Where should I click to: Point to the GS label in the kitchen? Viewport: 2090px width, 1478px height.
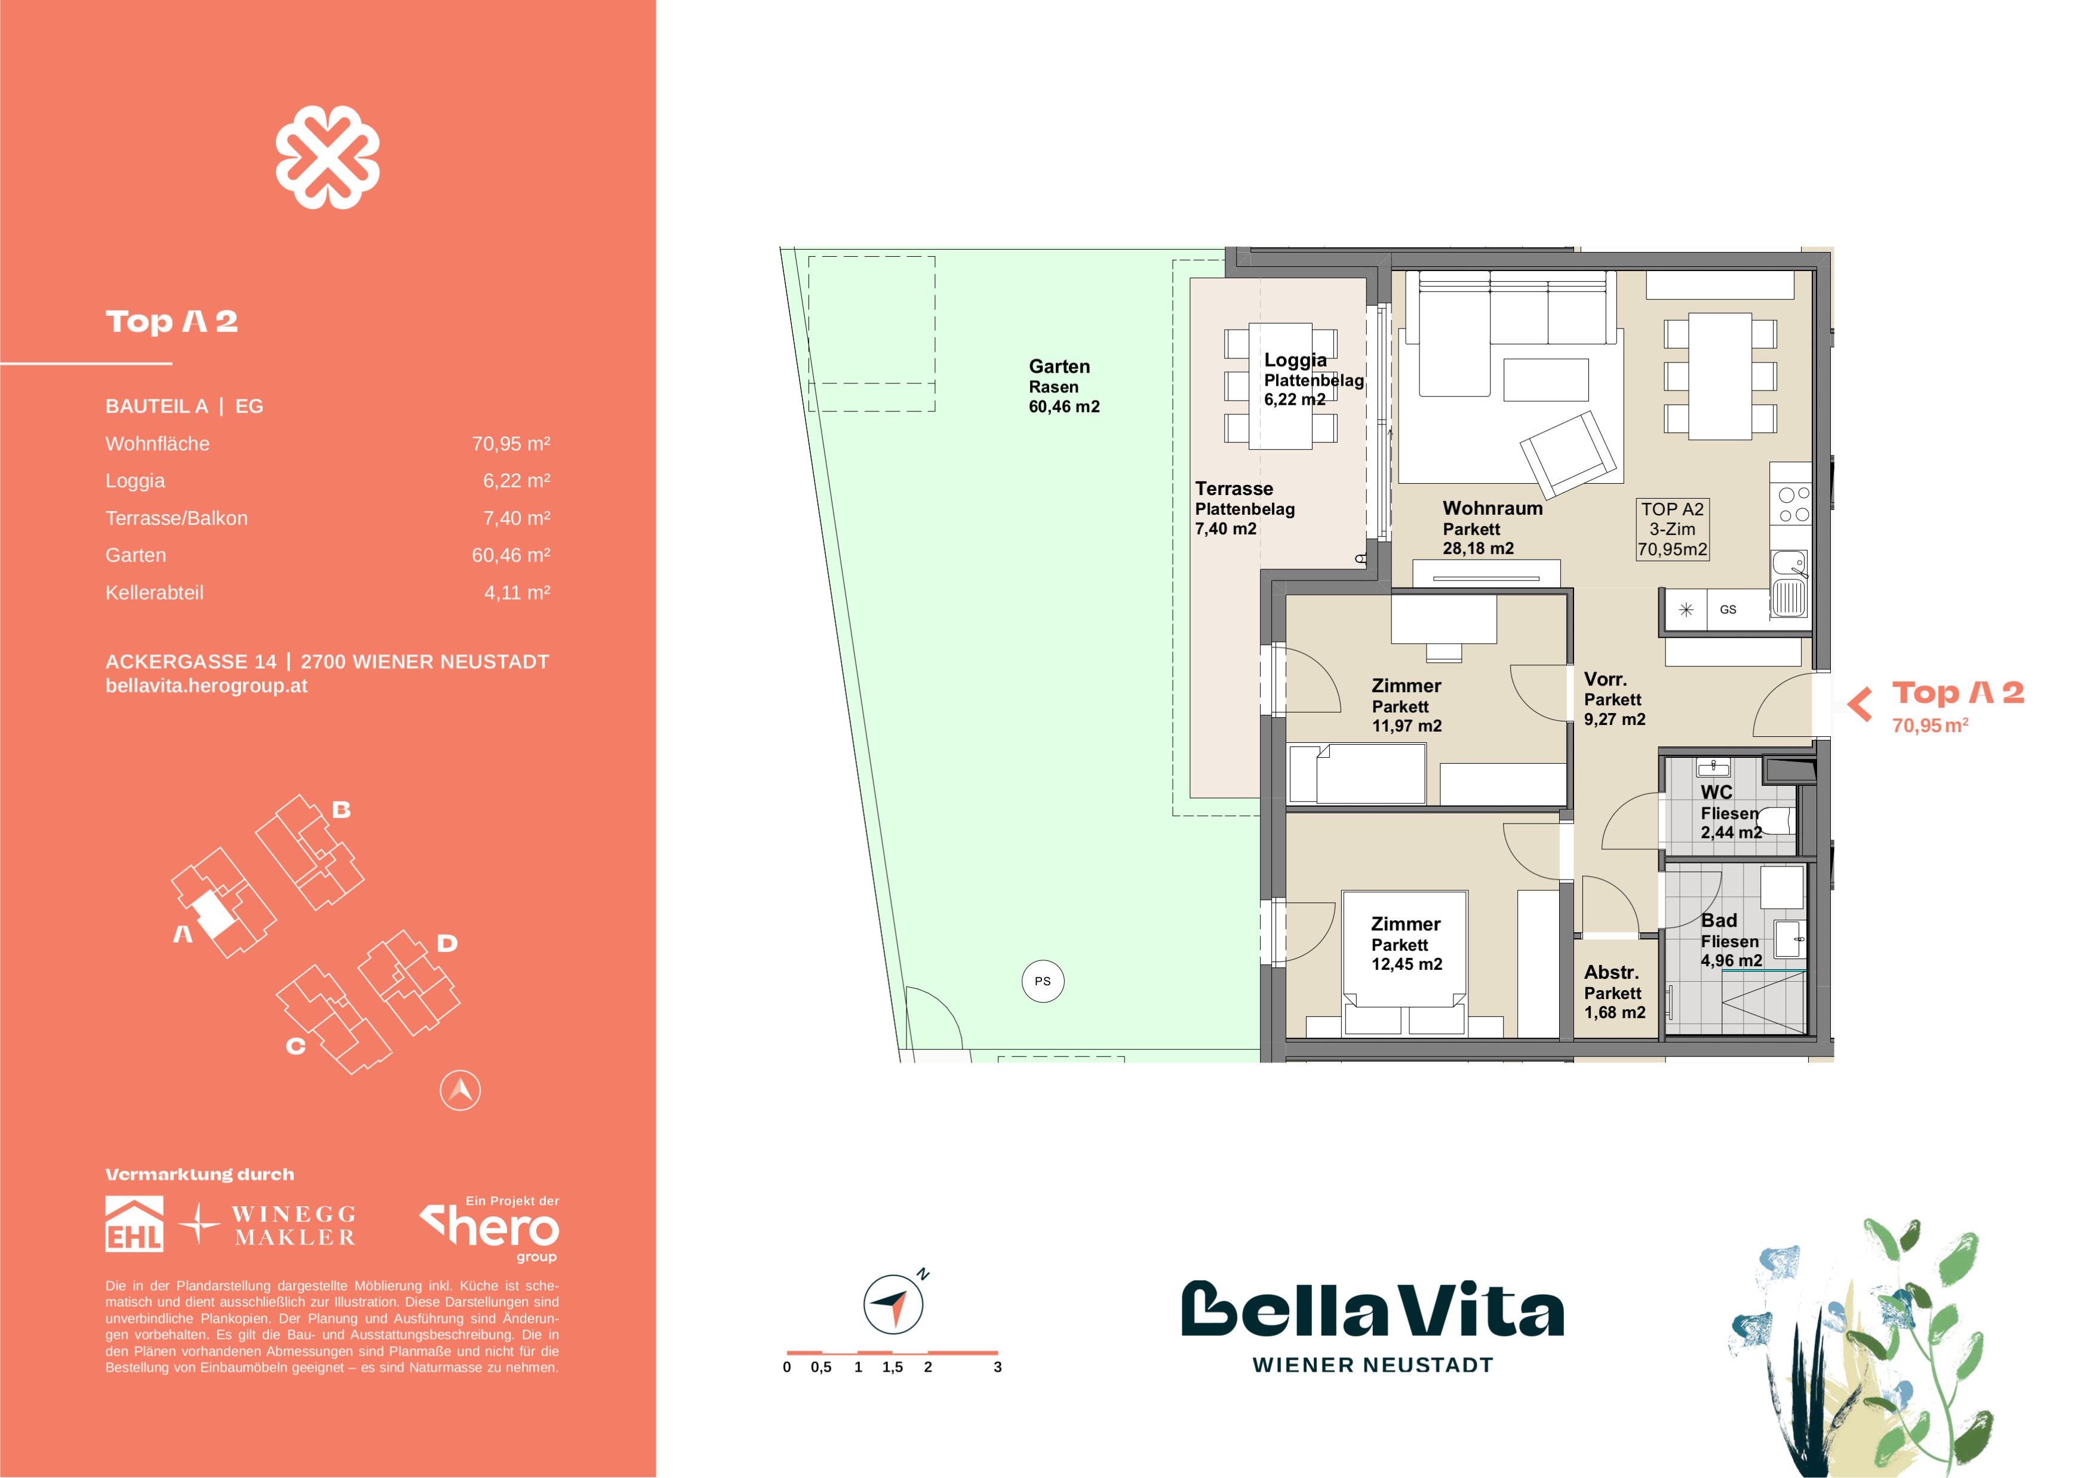(x=1727, y=610)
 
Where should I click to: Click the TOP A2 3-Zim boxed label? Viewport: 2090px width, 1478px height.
(x=1671, y=528)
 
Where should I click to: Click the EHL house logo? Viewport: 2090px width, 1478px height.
(x=135, y=1224)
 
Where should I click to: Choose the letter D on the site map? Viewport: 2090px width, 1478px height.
(x=446, y=943)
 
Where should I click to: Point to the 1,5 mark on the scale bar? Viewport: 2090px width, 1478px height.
(x=892, y=1367)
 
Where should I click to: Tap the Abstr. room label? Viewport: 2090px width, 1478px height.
(x=1610, y=972)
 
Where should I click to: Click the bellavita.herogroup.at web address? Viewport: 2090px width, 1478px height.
(x=207, y=686)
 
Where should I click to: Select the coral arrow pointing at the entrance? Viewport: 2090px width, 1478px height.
(x=1860, y=703)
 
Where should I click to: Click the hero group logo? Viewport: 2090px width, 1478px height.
(x=491, y=1228)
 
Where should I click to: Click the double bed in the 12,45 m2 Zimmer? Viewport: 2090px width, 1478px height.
(x=1404, y=964)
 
